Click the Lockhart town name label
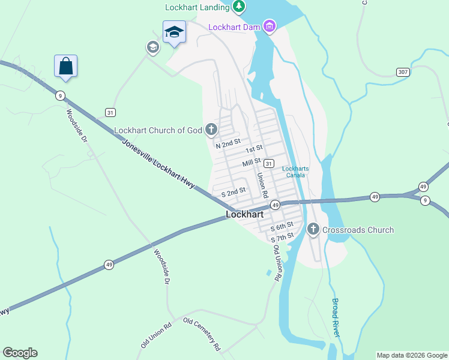[x=245, y=214]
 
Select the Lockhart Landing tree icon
[x=239, y=7]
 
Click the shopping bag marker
[x=65, y=65]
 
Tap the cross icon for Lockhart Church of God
[x=211, y=129]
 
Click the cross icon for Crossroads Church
[x=313, y=229]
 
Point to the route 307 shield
[x=404, y=72]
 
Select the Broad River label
[x=336, y=317]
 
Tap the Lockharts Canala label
[x=295, y=172]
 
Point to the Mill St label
[x=251, y=162]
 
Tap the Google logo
[x=20, y=353]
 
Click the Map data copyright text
[x=411, y=355]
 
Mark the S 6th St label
[x=282, y=226]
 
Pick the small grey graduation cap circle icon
[x=152, y=47]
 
